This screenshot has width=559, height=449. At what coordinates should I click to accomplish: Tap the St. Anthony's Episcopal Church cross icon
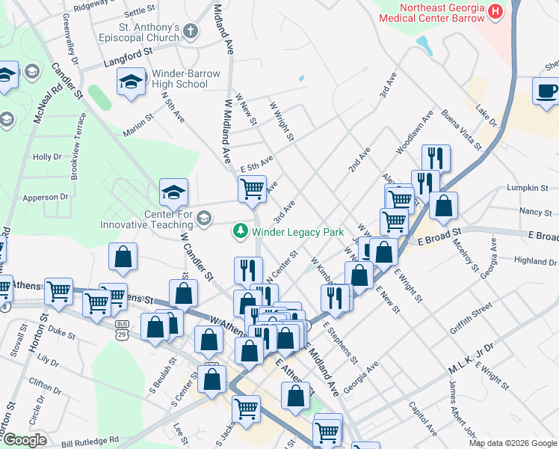[x=191, y=31]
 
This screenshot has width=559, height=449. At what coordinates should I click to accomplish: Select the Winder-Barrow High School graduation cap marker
[x=132, y=82]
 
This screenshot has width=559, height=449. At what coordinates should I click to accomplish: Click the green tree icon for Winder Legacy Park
[x=241, y=232]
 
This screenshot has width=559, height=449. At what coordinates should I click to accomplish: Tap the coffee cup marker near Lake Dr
[x=546, y=91]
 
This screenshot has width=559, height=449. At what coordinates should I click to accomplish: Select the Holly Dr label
[x=47, y=157]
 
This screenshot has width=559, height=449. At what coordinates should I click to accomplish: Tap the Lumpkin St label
[x=522, y=187]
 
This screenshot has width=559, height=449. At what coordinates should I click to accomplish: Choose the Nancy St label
[x=534, y=213]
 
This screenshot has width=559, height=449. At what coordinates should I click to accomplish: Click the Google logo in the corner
[x=25, y=440]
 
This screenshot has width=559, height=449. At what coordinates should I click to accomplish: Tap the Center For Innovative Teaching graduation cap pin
[x=173, y=194]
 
